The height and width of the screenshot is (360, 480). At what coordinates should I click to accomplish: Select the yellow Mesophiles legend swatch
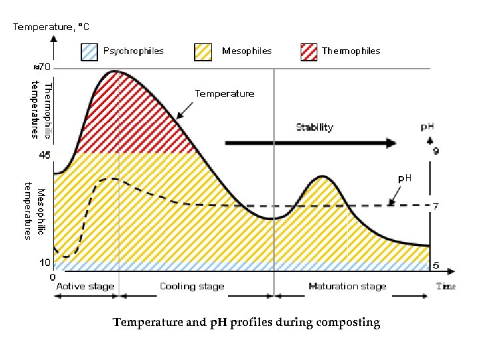click(x=203, y=51)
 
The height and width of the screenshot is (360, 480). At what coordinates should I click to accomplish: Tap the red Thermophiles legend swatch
click(x=309, y=51)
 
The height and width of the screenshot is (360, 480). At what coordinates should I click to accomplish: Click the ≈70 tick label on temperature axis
click(x=43, y=67)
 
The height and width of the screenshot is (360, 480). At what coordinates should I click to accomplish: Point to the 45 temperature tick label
click(x=44, y=155)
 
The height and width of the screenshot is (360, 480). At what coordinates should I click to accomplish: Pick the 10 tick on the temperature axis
click(x=43, y=262)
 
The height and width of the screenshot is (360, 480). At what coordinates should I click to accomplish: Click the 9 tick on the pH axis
click(x=435, y=151)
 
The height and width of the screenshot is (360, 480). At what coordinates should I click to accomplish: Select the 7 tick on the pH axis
click(x=435, y=206)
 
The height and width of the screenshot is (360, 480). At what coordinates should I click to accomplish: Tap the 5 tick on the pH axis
click(x=435, y=265)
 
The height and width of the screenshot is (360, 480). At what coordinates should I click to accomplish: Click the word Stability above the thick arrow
click(x=314, y=127)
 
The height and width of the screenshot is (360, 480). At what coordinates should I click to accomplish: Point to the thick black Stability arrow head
click(x=390, y=142)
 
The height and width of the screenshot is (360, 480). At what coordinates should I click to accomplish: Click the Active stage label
click(x=85, y=287)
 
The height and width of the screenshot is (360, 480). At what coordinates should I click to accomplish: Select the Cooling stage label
click(x=192, y=287)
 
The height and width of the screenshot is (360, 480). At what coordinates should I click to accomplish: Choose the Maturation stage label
click(x=347, y=287)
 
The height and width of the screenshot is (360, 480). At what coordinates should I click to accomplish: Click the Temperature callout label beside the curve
click(x=224, y=94)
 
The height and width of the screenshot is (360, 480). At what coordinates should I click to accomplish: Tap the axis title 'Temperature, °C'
click(x=51, y=27)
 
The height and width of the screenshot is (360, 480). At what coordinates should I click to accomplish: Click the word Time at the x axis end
click(x=445, y=287)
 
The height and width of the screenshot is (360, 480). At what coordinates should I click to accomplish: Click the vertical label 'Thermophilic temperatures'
click(x=43, y=110)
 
